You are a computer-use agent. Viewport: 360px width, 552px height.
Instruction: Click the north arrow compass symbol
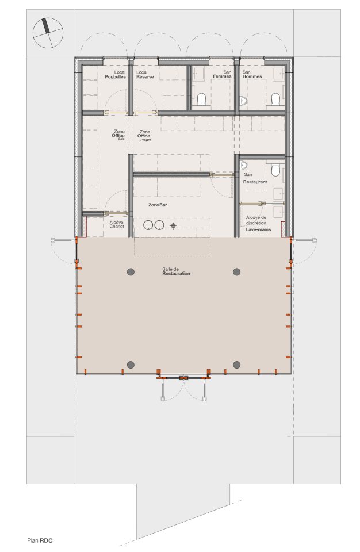47,32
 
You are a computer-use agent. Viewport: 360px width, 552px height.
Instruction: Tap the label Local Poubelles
116,75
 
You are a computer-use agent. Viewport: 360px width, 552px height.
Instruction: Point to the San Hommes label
252,75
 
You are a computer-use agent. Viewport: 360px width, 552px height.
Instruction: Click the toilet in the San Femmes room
201,99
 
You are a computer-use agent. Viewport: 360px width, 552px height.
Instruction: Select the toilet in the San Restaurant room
275,171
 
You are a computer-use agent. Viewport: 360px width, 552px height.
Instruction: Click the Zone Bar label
157,205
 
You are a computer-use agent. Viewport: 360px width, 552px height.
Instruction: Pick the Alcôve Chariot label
117,224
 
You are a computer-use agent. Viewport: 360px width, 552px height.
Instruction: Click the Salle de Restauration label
176,271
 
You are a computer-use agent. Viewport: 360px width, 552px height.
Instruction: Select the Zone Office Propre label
144,136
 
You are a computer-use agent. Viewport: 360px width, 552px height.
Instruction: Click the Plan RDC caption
40,540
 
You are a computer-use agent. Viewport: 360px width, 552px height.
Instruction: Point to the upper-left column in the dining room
131,271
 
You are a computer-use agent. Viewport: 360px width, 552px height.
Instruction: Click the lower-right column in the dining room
236,364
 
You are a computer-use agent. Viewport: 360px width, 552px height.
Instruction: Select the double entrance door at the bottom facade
183,378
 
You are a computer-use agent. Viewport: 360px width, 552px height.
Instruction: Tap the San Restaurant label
255,178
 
